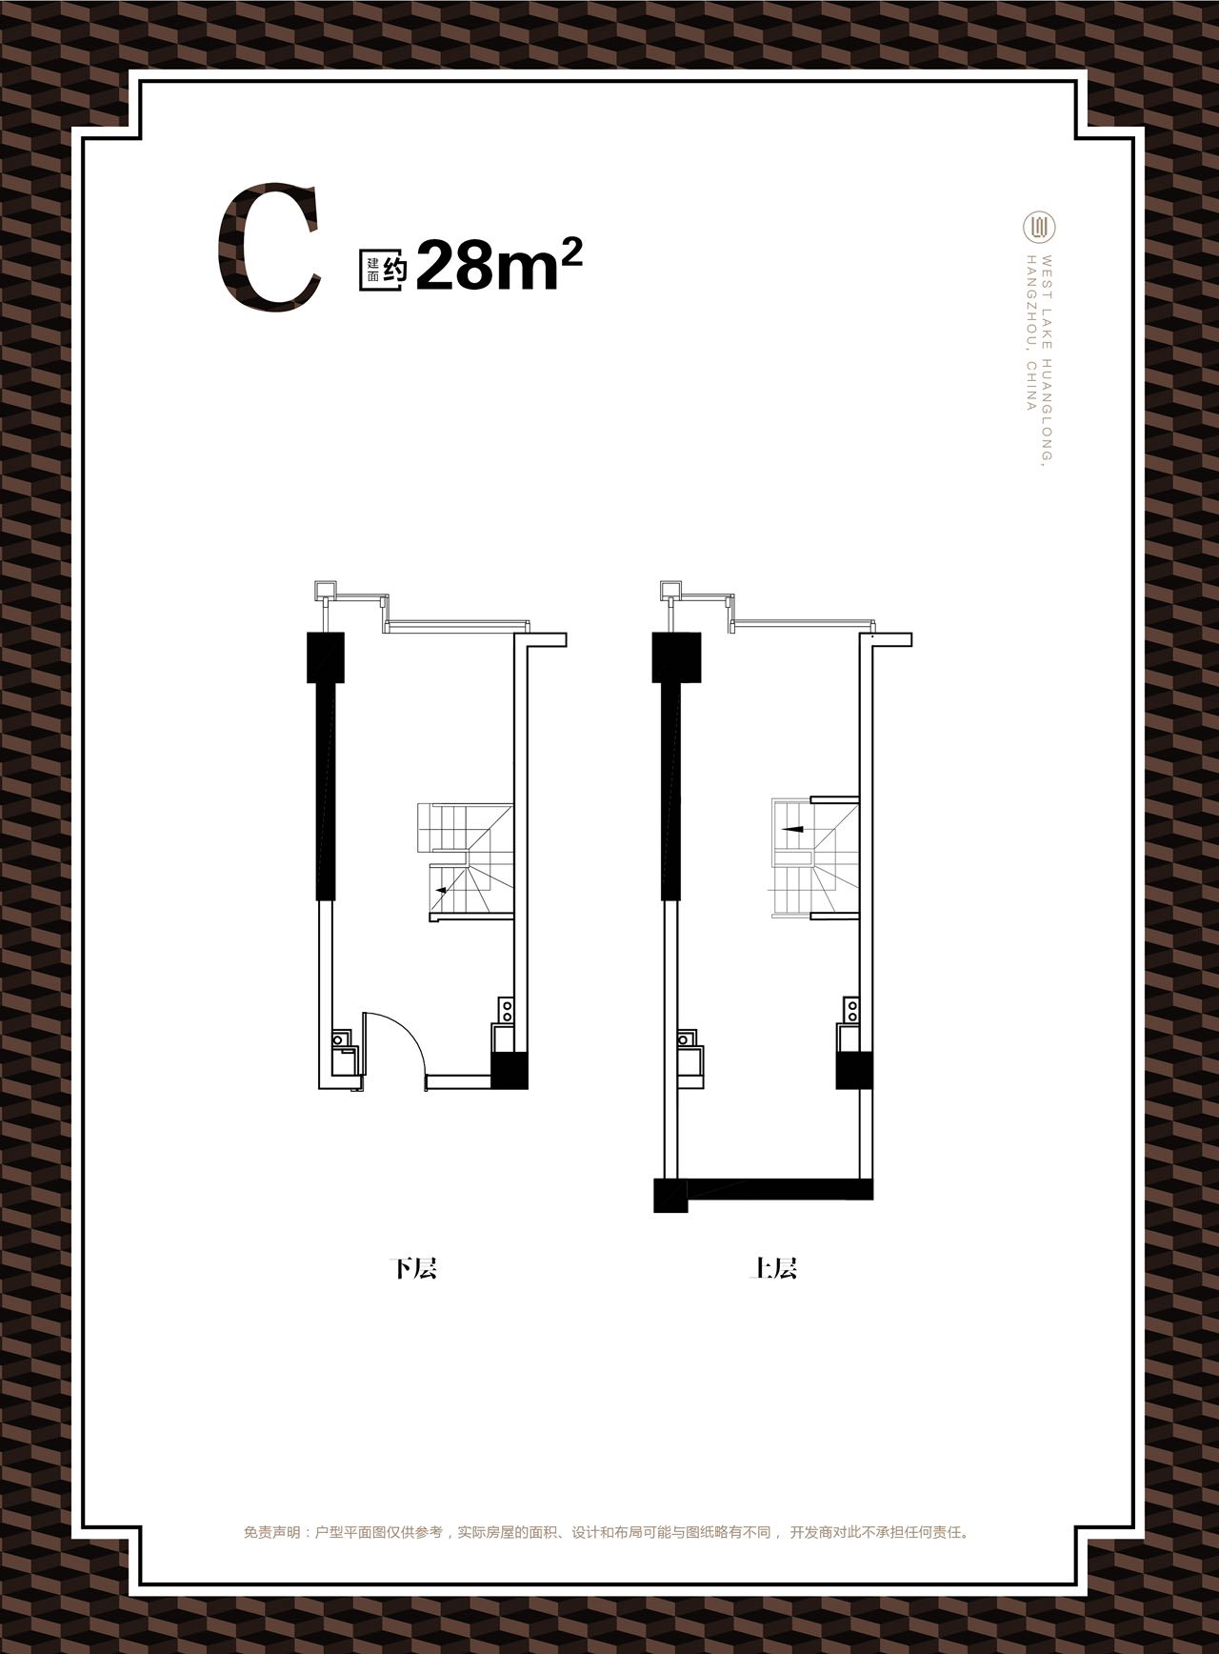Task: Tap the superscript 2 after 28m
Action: (x=571, y=249)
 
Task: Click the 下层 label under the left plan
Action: (x=413, y=1268)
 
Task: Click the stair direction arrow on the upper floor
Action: (x=793, y=829)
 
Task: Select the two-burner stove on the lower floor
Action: (x=507, y=1010)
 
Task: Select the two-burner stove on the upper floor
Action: (x=851, y=1010)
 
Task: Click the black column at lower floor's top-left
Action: (x=326, y=657)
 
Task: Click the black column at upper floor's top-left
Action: (x=676, y=657)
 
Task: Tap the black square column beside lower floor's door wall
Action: (x=510, y=1070)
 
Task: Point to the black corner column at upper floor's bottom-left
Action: (x=670, y=1195)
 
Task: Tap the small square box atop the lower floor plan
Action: (x=325, y=591)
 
